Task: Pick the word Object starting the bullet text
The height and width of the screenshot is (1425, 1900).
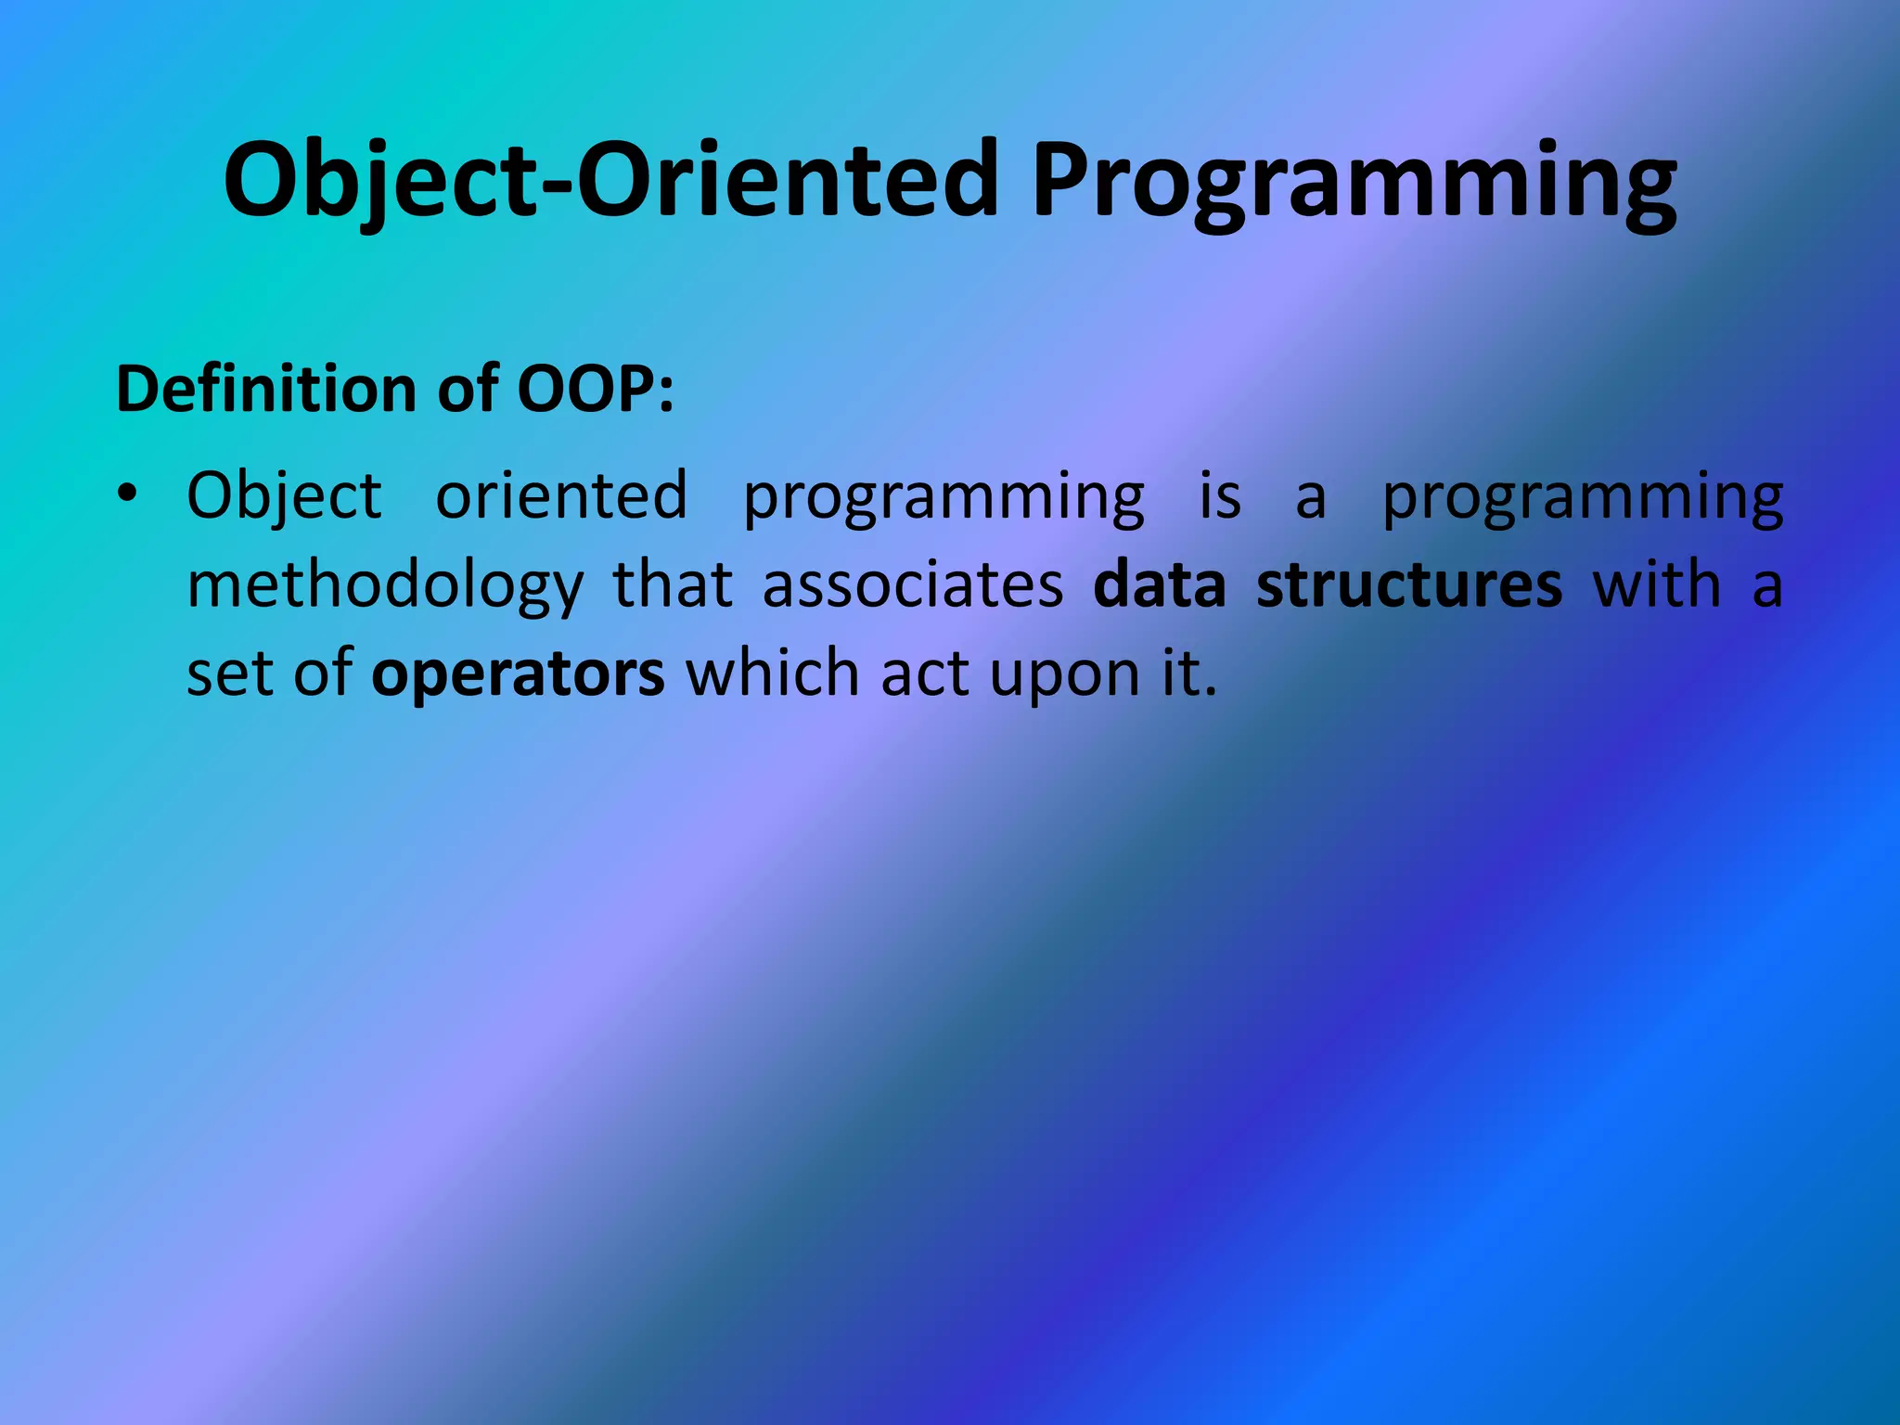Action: (x=284, y=496)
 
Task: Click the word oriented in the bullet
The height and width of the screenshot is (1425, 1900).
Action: (x=561, y=496)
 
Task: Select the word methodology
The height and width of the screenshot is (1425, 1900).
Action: (x=385, y=586)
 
